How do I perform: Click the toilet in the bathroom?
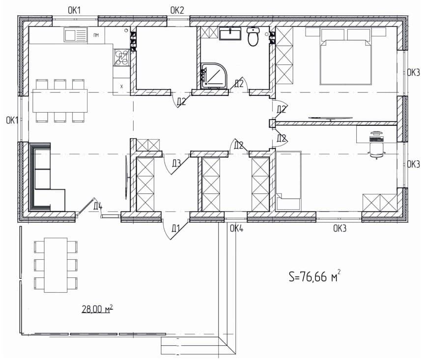tap(253, 36)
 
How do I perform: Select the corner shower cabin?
tap(214, 76)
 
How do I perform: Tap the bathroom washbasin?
tap(229, 33)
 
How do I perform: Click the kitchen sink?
tap(76, 35)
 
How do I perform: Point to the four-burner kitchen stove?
tap(121, 58)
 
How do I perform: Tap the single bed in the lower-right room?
tap(289, 181)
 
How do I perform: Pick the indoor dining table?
tap(60, 100)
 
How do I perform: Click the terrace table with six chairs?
tap(56, 265)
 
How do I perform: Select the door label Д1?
tap(176, 229)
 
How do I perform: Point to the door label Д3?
tap(176, 163)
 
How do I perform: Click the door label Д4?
tap(98, 206)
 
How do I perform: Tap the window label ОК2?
tap(177, 10)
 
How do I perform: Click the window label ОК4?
tap(237, 229)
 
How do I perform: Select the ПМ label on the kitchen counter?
tap(96, 35)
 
